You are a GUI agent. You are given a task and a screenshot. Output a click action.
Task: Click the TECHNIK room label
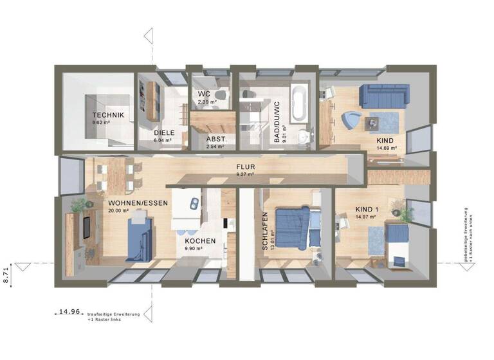point(107,115)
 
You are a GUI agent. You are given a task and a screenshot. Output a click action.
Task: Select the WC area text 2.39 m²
point(206,102)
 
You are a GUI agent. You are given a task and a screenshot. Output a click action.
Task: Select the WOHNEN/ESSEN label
point(138,203)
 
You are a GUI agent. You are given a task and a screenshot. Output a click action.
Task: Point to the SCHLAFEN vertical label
point(264,231)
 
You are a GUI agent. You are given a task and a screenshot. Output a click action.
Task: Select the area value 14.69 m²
point(387,148)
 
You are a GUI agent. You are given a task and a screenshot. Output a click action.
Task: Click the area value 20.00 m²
point(120,211)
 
